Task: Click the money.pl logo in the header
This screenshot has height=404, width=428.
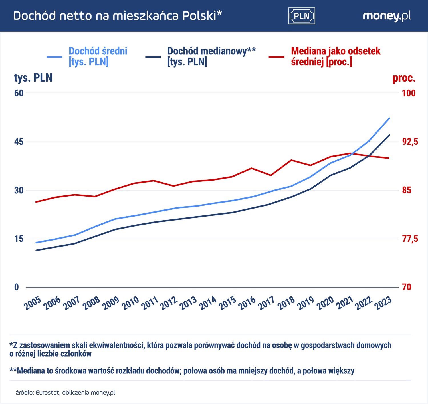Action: tap(387, 16)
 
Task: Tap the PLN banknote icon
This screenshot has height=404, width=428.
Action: tap(302, 16)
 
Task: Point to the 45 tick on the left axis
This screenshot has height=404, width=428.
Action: tap(19, 142)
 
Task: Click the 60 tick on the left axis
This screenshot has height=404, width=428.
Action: tap(19, 93)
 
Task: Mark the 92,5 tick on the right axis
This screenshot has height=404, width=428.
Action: tap(410, 142)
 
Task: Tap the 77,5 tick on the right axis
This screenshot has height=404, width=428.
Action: tap(410, 239)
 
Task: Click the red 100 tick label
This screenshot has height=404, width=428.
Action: tap(409, 93)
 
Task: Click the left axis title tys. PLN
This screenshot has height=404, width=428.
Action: tap(33, 78)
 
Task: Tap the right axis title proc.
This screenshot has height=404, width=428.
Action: tap(404, 78)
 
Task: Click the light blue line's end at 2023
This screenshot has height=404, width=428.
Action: tap(389, 118)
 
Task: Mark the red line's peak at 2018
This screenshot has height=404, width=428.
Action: tap(291, 160)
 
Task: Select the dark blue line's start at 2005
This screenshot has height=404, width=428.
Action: tap(36, 250)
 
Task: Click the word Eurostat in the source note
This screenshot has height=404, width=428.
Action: tap(48, 393)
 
